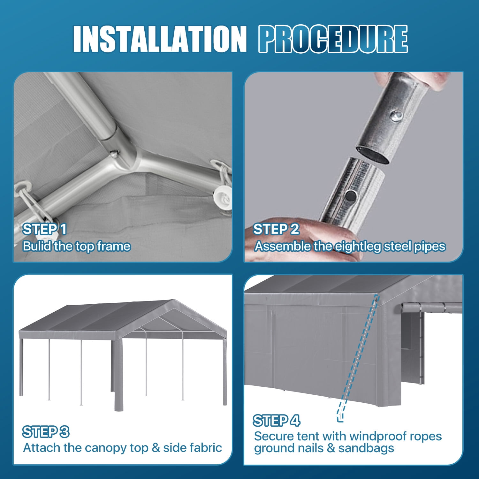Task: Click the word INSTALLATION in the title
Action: (160, 39)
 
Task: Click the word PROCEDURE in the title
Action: (333, 39)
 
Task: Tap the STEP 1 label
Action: (45, 229)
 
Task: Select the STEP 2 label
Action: (276, 229)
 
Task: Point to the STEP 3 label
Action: (46, 432)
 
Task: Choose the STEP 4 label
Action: (277, 421)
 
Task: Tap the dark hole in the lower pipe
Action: (351, 195)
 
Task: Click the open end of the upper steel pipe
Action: (372, 155)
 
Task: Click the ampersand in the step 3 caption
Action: (156, 448)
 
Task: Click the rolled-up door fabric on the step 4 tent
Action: (431, 308)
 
